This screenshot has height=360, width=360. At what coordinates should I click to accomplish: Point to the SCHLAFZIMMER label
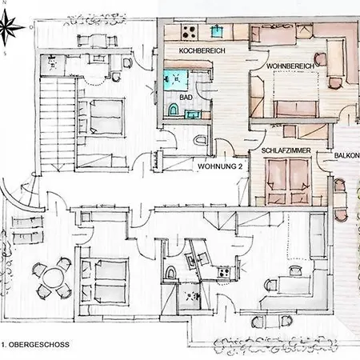[x=284, y=150]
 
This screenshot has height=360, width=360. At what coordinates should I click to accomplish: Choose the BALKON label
[x=346, y=157]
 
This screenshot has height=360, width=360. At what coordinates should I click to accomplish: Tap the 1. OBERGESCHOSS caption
[x=36, y=345]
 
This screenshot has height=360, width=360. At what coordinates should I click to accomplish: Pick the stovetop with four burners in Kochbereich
[x=190, y=33]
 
